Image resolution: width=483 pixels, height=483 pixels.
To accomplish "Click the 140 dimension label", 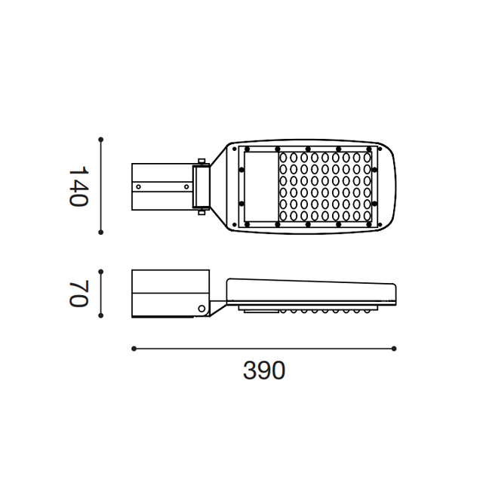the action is pyautogui.click(x=78, y=186).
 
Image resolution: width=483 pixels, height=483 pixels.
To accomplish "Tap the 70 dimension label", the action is pyautogui.click(x=78, y=294).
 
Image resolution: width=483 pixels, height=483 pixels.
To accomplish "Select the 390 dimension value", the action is pyautogui.click(x=264, y=371).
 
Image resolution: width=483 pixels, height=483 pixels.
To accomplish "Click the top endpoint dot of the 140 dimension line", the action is pyautogui.click(x=100, y=140).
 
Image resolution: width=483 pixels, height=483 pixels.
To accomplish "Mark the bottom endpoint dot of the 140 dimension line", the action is pyautogui.click(x=100, y=232).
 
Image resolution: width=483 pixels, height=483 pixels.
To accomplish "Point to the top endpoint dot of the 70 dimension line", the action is pyautogui.click(x=100, y=272).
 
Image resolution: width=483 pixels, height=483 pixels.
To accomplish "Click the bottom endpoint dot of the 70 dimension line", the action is pyautogui.click(x=100, y=315).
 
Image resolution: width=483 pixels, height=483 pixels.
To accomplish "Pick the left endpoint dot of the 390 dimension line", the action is pyautogui.click(x=134, y=349).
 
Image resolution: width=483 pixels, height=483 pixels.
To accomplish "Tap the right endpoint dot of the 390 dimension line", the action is pyautogui.click(x=394, y=349).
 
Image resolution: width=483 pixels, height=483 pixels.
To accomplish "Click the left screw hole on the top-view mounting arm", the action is pyautogui.click(x=139, y=186).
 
